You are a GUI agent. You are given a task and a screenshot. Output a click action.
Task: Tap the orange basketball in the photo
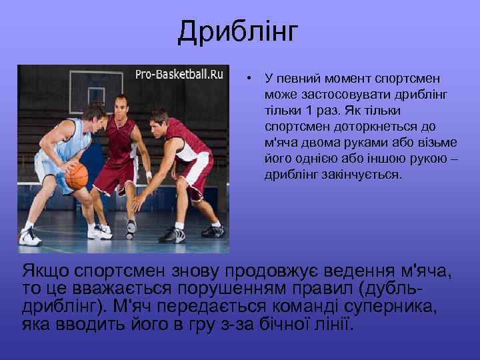(77, 176)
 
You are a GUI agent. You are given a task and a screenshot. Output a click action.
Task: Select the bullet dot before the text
(247, 79)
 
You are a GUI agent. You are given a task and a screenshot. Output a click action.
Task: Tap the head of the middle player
(121, 105)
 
